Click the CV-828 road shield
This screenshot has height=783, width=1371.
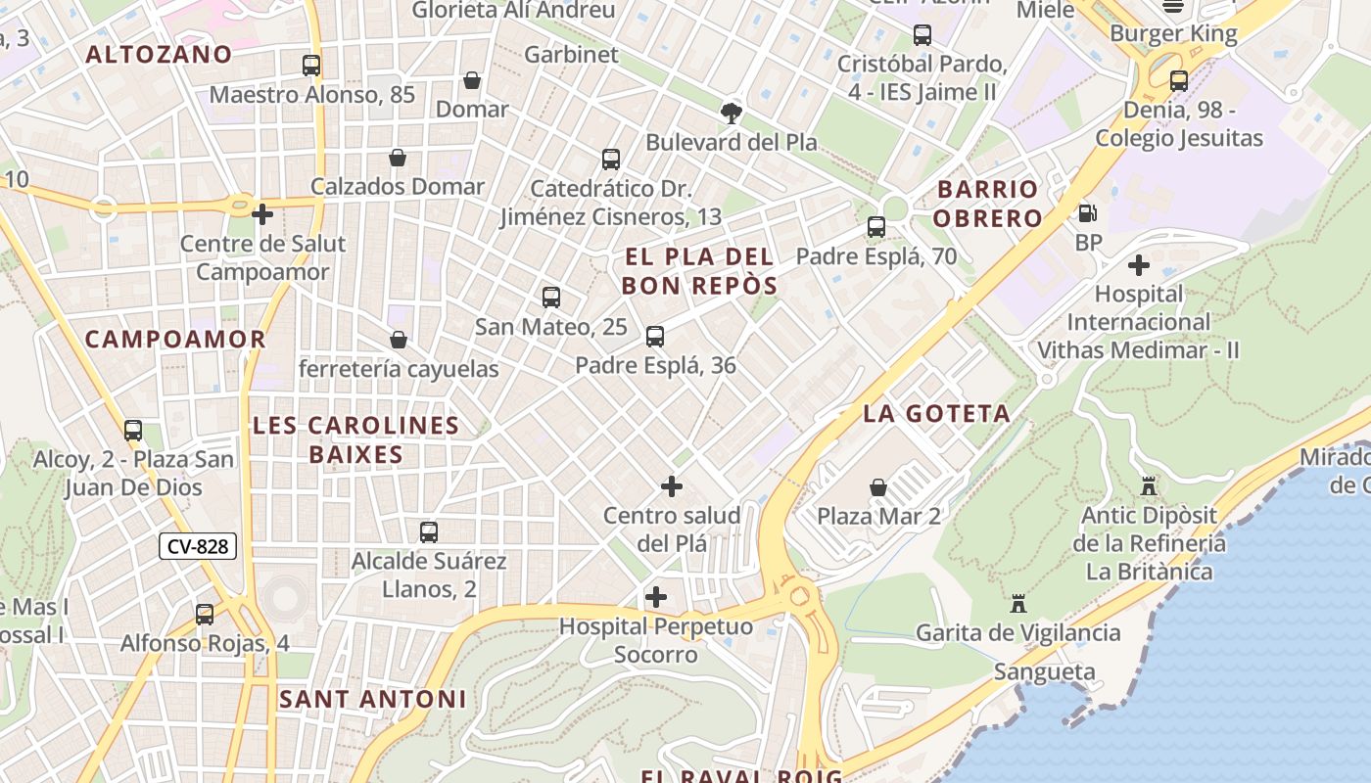point(198,546)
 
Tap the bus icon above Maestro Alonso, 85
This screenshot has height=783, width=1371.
point(311,66)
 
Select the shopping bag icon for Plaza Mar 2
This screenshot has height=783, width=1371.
point(878,486)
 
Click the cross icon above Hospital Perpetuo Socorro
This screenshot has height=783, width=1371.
point(655,596)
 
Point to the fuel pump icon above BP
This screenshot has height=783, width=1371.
point(1087,213)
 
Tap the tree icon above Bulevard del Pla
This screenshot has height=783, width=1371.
point(731,113)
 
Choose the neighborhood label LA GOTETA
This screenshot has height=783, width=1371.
point(936,413)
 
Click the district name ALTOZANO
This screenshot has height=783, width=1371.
point(159,55)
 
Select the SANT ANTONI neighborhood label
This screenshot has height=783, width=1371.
point(372,699)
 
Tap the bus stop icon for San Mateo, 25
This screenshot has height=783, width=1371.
point(551,298)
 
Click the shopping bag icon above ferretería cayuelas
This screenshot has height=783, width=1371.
point(398,340)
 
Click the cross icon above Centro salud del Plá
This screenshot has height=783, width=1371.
point(672,485)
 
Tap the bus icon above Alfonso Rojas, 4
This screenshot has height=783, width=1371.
point(205,615)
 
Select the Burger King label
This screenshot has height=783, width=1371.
point(1172,33)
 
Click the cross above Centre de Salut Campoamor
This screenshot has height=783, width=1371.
point(262,213)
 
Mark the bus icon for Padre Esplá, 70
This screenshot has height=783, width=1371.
point(876,227)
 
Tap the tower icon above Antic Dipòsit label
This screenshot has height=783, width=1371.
point(1149,485)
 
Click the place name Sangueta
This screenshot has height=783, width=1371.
point(1044,671)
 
